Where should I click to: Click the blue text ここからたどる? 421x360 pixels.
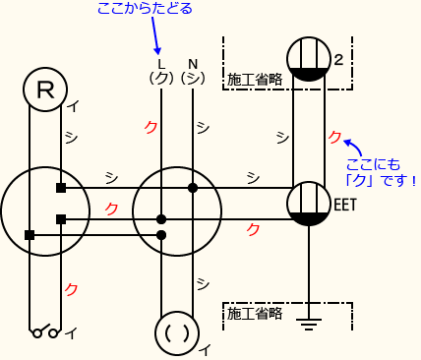click(145, 10)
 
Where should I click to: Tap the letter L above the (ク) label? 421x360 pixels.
click(161, 64)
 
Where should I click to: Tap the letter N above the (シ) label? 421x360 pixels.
click(193, 64)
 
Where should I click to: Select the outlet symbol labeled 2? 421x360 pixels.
click(308, 59)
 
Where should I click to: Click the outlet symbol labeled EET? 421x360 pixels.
click(309, 204)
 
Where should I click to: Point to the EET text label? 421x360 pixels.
click(345, 205)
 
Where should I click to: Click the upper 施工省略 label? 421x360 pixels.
click(254, 78)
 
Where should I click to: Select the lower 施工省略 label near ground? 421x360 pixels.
click(254, 314)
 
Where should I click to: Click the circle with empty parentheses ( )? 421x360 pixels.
click(177, 333)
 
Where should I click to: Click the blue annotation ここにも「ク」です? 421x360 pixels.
click(382, 172)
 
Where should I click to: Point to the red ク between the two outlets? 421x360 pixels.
click(334, 136)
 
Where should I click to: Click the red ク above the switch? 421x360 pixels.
click(71, 289)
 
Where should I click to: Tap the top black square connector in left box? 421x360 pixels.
click(61, 187)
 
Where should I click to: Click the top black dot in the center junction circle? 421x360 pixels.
click(193, 187)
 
